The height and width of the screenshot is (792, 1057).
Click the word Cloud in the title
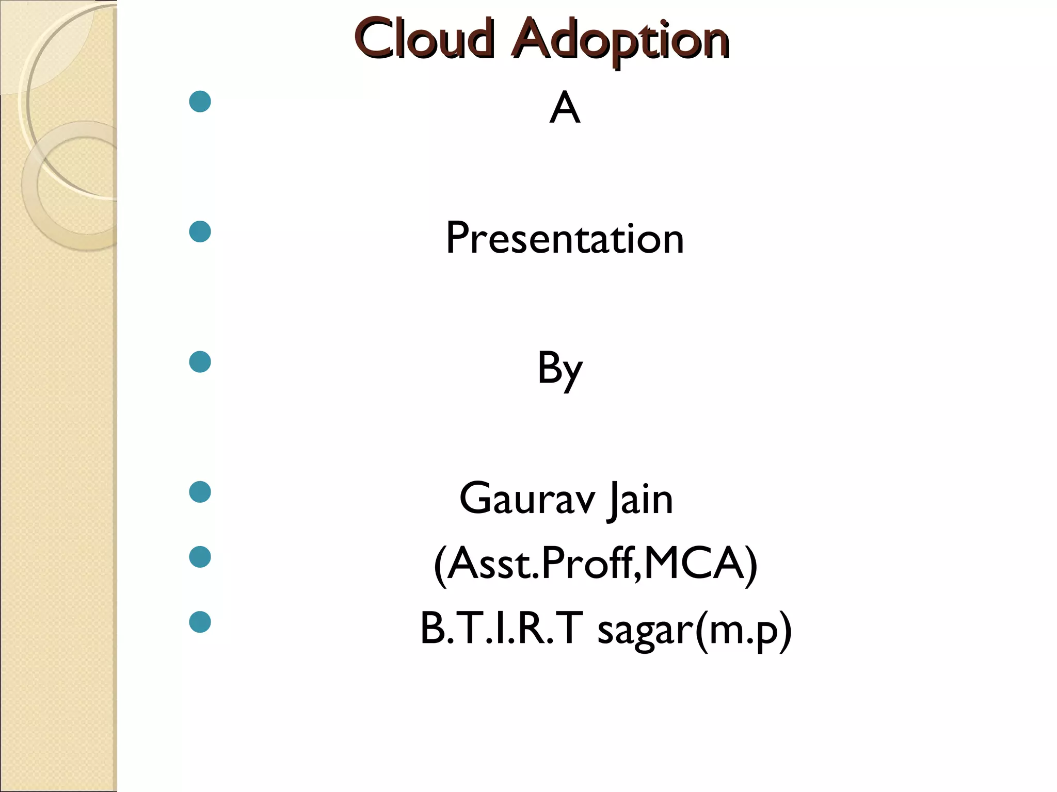424,39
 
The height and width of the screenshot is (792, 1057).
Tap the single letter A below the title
565,108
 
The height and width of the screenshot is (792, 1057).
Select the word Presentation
565,238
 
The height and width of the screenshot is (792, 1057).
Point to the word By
559,369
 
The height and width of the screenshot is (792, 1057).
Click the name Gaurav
526,499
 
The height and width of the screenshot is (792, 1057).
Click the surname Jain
640,499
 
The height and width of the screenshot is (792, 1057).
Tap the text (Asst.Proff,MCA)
596,564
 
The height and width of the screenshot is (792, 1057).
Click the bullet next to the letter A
200,102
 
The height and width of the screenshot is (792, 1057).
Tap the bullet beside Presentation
200,232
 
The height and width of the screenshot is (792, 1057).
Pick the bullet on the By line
200,362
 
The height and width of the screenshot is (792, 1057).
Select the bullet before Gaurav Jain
200,492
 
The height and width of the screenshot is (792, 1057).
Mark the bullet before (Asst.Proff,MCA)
200,557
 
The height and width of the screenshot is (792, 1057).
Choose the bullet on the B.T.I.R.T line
200,622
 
